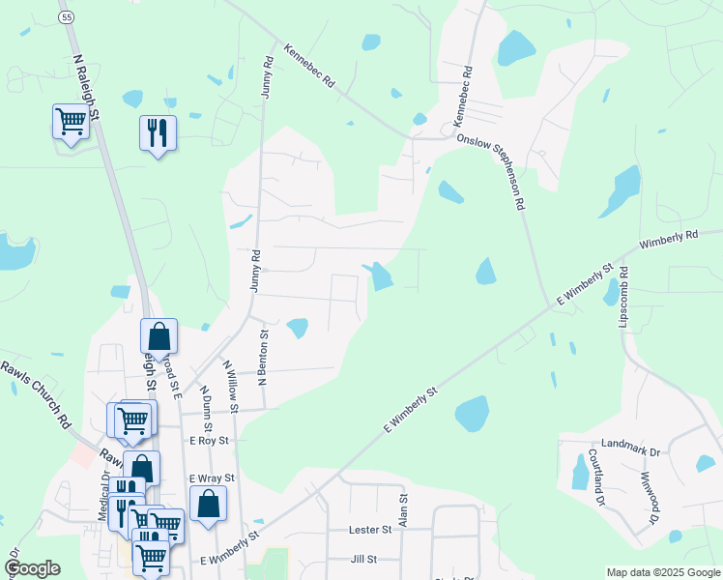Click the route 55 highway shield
tap(66, 17)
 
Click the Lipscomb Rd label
tap(623, 295)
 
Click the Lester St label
tap(371, 530)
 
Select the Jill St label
tap(363, 560)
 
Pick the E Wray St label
tap(212, 478)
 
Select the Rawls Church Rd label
tap(37, 393)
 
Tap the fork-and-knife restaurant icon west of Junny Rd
tap(158, 131)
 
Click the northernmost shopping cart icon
tap(71, 122)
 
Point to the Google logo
tap(32, 568)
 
